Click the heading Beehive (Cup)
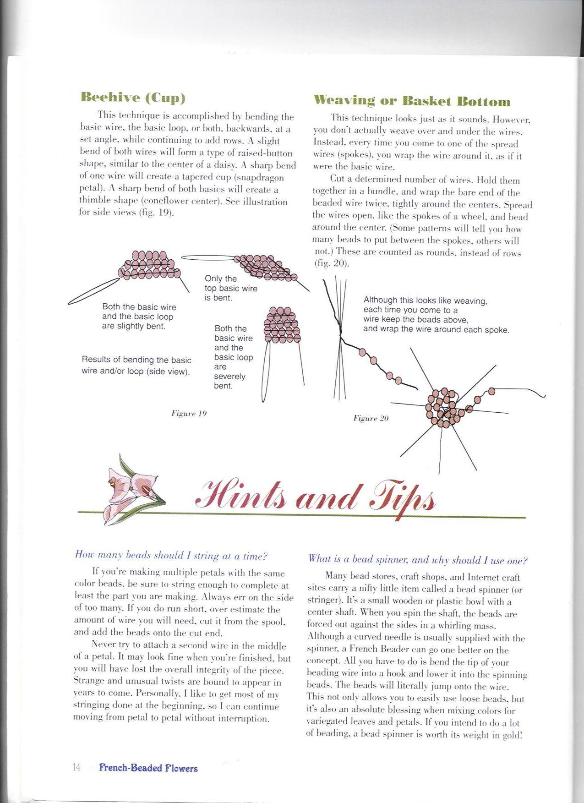[133, 98]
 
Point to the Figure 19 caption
[189, 413]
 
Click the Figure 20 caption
[371, 418]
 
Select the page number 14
[76, 767]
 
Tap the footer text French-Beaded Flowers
[148, 768]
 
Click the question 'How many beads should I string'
[171, 556]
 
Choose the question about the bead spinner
[418, 560]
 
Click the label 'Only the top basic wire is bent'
[230, 288]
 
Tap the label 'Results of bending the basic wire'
[136, 366]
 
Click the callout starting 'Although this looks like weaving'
[436, 315]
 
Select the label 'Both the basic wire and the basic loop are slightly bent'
[139, 317]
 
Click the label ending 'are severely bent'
[233, 357]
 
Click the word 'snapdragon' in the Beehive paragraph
[262, 177]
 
